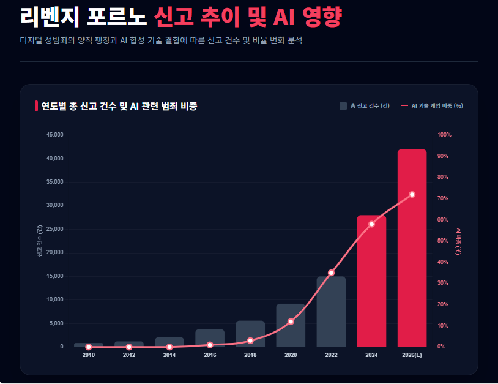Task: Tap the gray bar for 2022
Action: [331, 312]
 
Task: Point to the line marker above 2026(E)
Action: [412, 194]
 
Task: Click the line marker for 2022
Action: [331, 273]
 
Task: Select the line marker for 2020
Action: [291, 322]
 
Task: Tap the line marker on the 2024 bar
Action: [371, 224]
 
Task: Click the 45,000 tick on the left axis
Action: [54, 135]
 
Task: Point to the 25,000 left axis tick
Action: [54, 229]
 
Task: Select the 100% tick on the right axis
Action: [444, 135]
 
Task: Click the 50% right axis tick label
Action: [443, 241]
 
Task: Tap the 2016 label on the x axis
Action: [210, 355]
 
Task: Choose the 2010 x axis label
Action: [89, 355]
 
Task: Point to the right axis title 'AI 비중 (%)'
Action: [458, 241]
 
